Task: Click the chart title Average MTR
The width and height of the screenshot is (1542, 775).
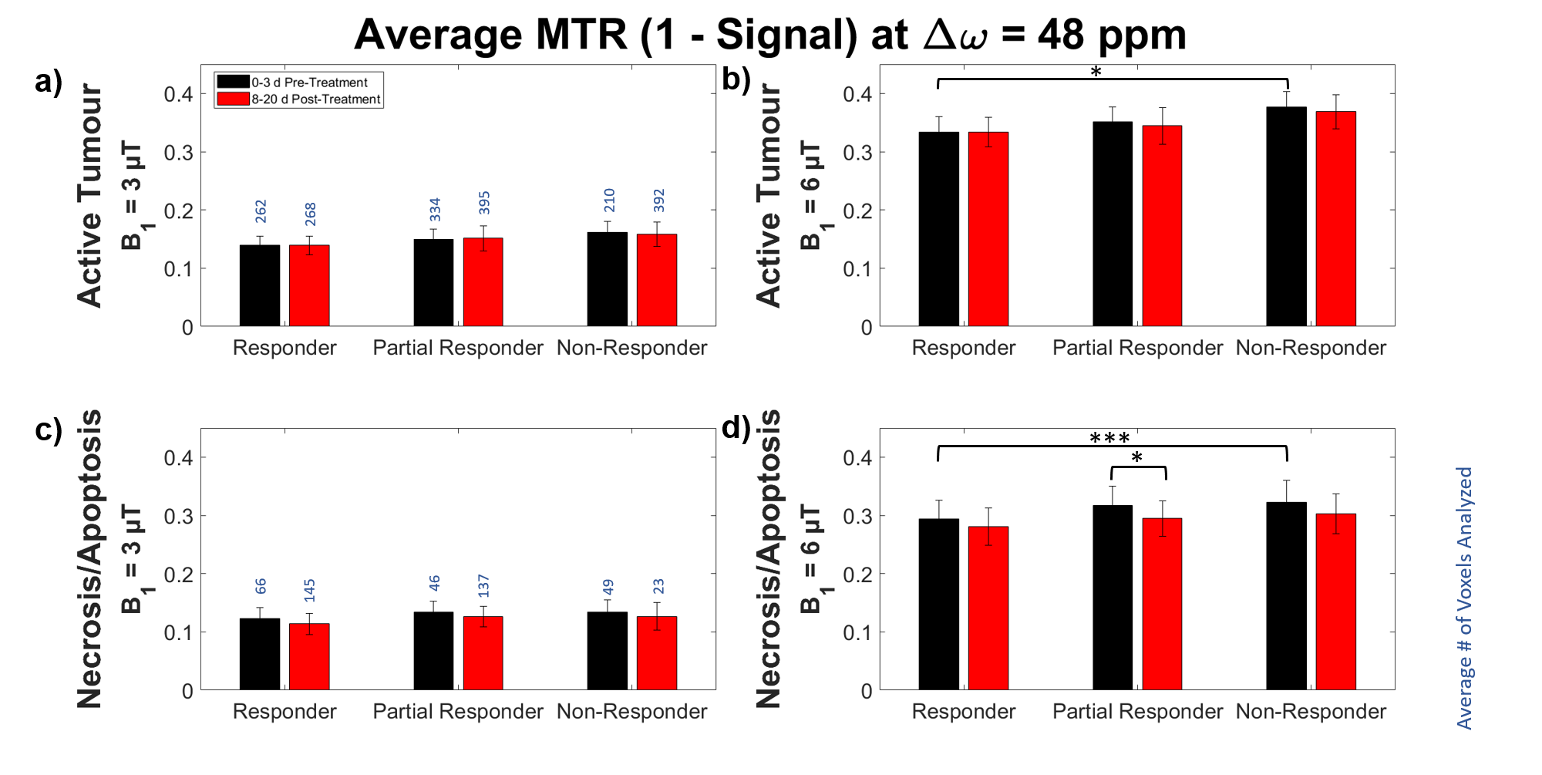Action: (769, 35)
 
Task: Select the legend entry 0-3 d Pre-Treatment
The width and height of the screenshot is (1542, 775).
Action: (309, 83)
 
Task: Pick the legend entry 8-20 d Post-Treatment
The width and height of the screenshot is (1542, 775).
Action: (315, 99)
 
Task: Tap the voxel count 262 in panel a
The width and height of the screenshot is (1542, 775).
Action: (261, 211)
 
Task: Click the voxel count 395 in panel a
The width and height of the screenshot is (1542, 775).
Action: (484, 203)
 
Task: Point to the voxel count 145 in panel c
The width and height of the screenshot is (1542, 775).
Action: (309, 591)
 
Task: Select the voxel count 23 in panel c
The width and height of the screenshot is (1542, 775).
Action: (658, 587)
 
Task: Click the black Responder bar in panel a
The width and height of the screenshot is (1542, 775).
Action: (260, 285)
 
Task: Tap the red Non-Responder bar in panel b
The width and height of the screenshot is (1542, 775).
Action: (1335, 219)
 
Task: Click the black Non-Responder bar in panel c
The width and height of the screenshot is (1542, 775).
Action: (608, 651)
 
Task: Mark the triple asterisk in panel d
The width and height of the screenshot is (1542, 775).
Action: (1109, 439)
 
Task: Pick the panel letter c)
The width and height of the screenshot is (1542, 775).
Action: (49, 430)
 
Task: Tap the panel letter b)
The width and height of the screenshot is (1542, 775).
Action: (736, 79)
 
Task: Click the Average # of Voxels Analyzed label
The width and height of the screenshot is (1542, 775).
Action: (1464, 598)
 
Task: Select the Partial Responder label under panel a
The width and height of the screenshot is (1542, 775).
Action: (458, 348)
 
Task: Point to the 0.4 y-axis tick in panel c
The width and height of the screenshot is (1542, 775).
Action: (178, 458)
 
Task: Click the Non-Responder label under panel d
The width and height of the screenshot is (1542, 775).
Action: (1311, 711)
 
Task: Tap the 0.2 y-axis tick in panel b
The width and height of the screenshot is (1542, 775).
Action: (857, 211)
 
